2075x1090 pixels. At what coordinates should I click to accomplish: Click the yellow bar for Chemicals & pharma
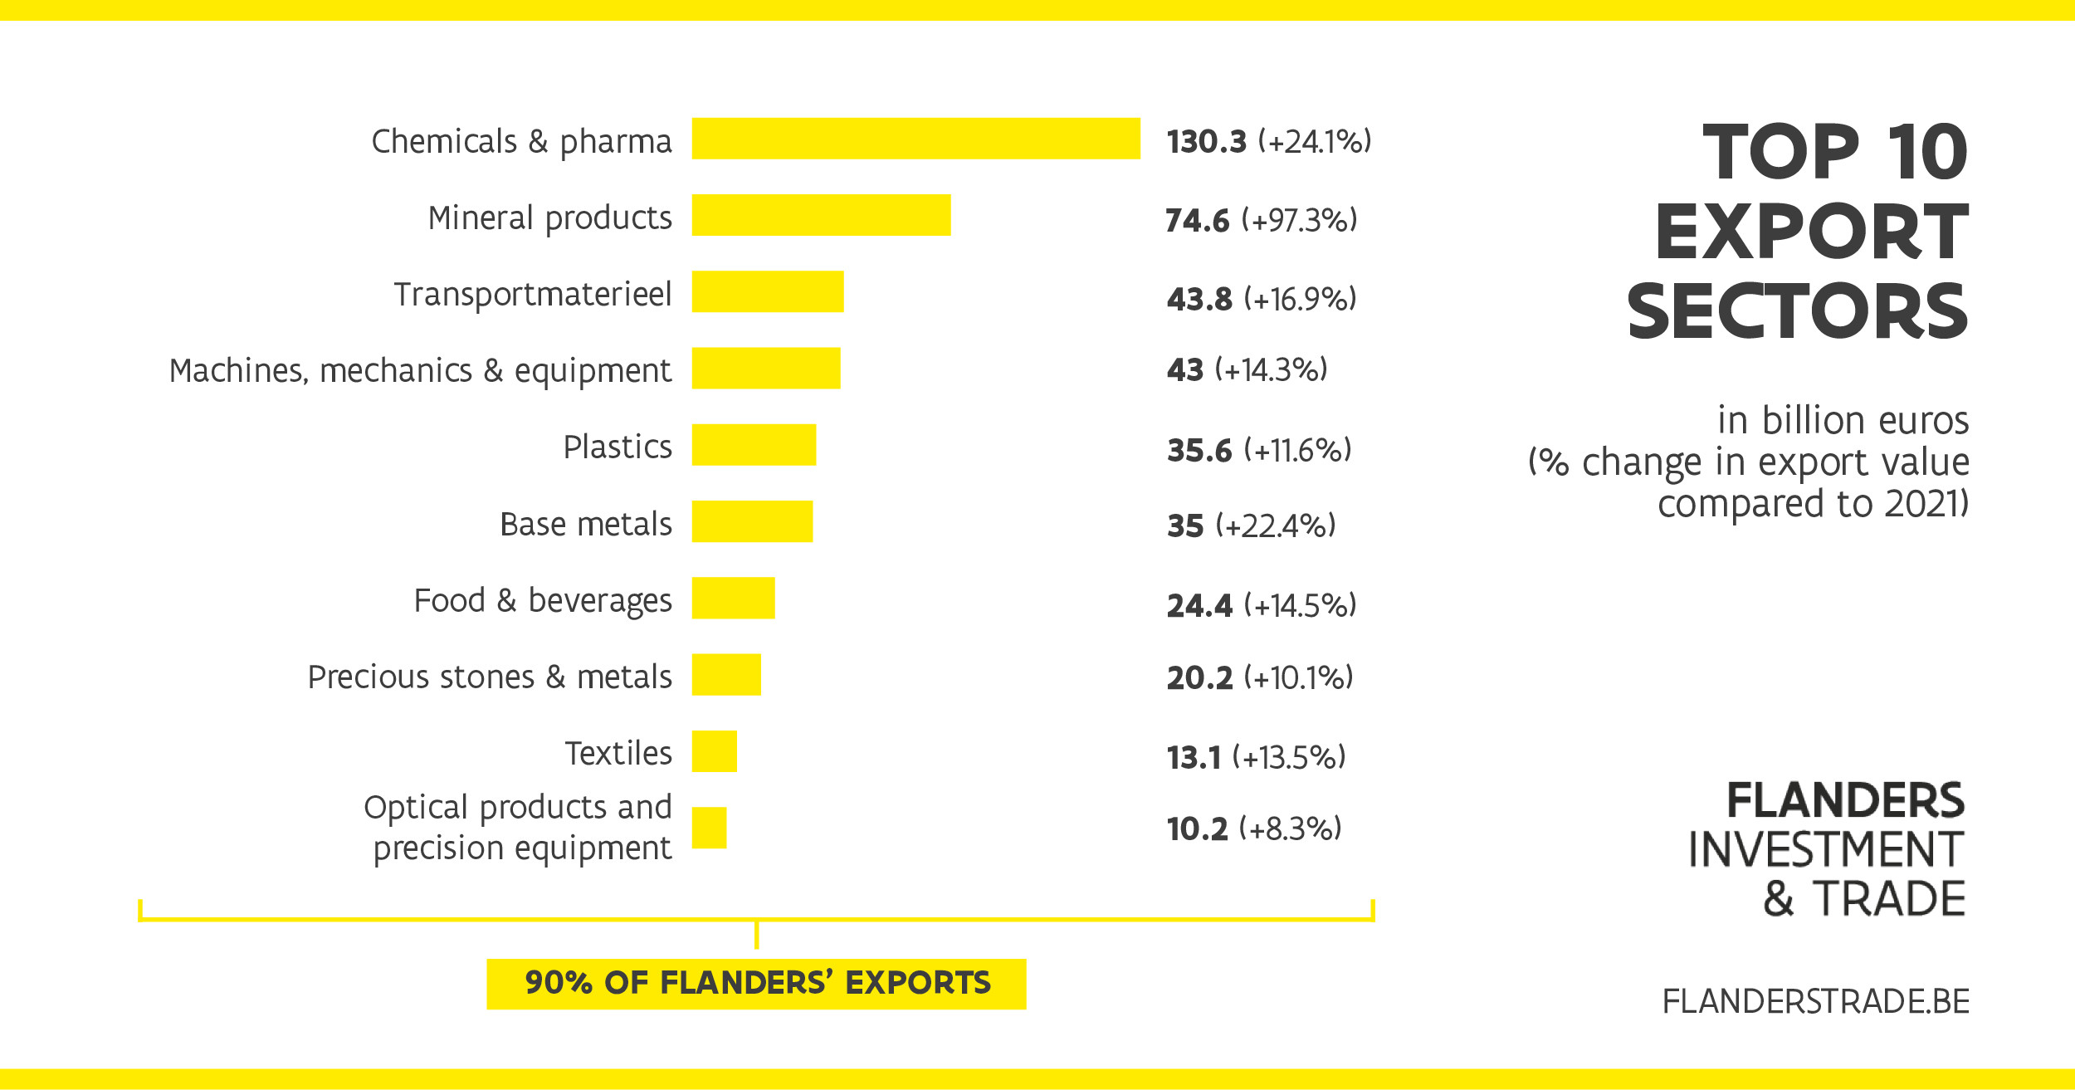(915, 139)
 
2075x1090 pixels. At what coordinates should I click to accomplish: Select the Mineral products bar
(821, 215)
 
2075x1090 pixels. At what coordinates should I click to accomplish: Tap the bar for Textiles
(714, 751)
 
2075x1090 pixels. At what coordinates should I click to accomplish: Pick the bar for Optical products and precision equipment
(709, 828)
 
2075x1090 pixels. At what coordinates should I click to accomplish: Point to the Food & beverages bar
(733, 598)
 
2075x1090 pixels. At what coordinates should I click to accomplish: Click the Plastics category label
(618, 447)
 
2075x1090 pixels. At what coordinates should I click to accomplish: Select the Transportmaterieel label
(533, 294)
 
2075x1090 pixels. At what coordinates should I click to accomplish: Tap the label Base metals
(586, 524)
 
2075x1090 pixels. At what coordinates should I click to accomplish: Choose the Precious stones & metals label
(490, 677)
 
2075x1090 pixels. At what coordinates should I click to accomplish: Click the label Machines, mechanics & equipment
(420, 370)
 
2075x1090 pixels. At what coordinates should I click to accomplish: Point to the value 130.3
(1206, 142)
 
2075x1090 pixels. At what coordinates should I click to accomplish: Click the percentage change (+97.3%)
(1299, 220)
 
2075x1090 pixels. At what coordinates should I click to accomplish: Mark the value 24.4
(1199, 605)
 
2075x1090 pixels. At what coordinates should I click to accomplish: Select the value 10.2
(1197, 828)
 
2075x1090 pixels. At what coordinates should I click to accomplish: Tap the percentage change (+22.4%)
(1276, 525)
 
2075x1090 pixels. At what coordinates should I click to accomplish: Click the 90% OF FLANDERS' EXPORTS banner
(756, 983)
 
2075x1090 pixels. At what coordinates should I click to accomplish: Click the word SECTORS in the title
(1797, 311)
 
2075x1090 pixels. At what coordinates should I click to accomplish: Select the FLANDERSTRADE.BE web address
(1815, 1001)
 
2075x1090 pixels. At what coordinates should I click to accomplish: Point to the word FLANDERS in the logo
(1845, 800)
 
